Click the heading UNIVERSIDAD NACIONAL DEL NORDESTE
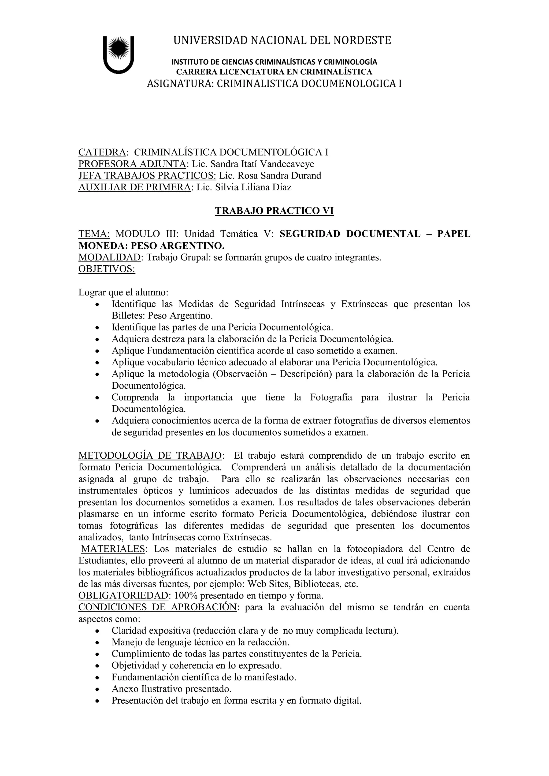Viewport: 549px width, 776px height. pyautogui.click(x=282, y=40)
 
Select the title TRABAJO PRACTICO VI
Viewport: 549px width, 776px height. pyautogui.click(x=274, y=211)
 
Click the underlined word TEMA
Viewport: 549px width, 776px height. pyautogui.click(x=94, y=234)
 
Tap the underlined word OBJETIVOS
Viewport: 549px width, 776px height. pyautogui.click(x=107, y=269)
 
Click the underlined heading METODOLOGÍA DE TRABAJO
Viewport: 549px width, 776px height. pyautogui.click(x=150, y=456)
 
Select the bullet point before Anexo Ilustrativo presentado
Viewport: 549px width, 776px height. pyautogui.click(x=97, y=689)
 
